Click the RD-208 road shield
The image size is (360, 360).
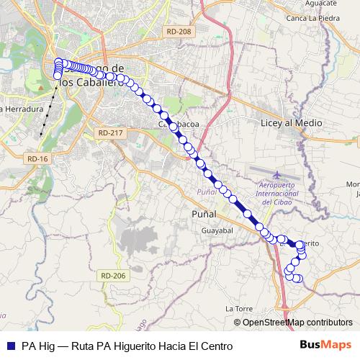(178, 32)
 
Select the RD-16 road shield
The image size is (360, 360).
(37, 158)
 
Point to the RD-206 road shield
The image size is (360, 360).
(113, 276)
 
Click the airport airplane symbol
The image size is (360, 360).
(279, 175)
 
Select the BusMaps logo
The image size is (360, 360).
(330, 346)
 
